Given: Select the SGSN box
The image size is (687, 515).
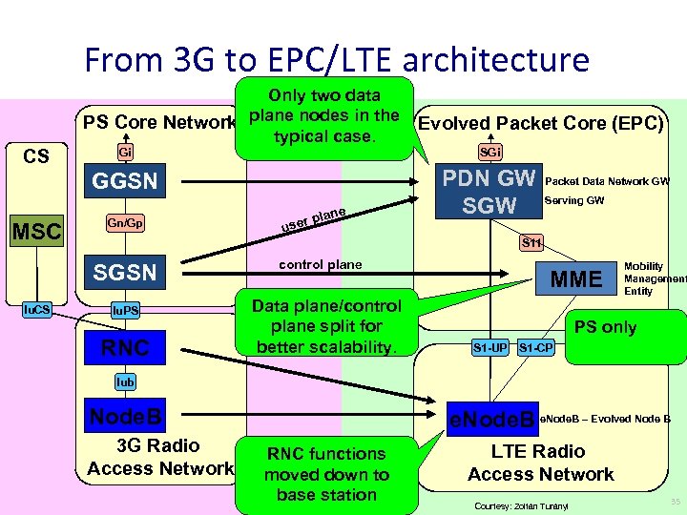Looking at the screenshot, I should [x=125, y=273].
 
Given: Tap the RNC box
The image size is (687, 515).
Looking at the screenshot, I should [x=125, y=347].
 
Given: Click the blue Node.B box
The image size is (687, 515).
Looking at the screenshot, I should [x=125, y=416].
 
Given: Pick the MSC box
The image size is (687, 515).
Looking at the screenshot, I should [x=35, y=231].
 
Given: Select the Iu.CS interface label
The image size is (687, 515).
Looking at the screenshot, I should [x=36, y=310].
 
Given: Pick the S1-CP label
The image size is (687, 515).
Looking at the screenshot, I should [x=535, y=346].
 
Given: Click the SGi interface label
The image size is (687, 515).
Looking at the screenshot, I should [x=490, y=152].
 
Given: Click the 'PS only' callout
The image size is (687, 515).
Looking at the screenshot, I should [x=605, y=327].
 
